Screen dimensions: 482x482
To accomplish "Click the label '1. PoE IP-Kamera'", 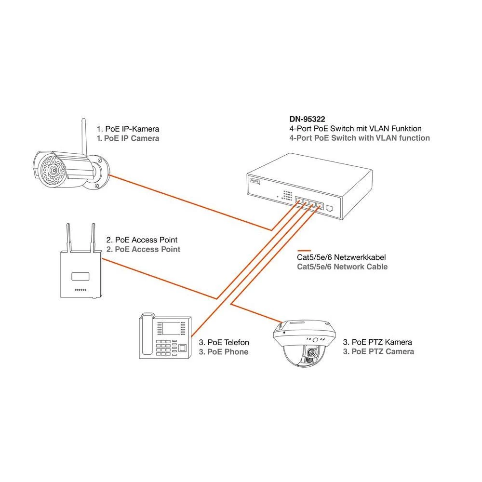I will (128, 129).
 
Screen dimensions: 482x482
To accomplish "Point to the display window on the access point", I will (80, 276).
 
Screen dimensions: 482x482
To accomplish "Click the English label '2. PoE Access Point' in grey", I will (143, 249).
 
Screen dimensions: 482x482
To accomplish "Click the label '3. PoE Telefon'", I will (224, 342).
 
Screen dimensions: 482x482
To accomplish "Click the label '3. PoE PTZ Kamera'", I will (377, 342).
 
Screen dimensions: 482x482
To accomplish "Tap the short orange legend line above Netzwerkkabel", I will (305, 251).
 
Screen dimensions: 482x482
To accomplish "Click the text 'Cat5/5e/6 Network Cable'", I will (342, 267).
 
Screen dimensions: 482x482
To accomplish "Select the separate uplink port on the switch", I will (330, 209).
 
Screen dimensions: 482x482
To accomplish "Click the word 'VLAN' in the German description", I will (379, 128).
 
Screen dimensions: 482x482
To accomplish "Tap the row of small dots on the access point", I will (80, 291).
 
